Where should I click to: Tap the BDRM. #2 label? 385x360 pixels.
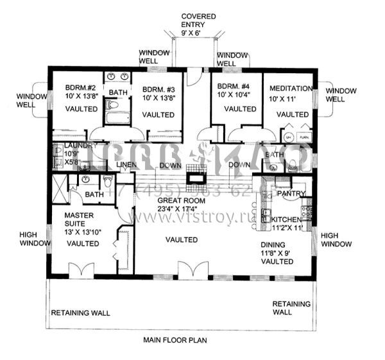tap(81, 89)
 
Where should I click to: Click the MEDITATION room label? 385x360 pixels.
tap(291, 88)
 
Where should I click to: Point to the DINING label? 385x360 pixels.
tap(277, 244)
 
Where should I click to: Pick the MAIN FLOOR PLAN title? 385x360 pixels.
tap(175, 339)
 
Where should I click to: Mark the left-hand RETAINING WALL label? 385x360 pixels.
tap(80, 313)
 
